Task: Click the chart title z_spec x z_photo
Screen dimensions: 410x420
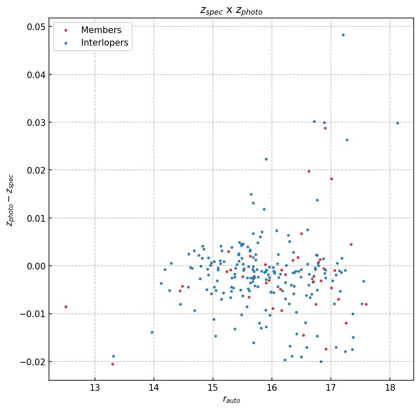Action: (x=231, y=11)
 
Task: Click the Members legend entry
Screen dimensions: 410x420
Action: (x=101, y=30)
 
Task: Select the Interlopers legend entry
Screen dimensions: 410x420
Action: (x=104, y=43)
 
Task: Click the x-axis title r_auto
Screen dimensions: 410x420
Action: (x=231, y=400)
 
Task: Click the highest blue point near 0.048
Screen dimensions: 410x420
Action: (x=343, y=35)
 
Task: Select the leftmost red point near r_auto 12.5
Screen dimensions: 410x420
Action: (x=66, y=307)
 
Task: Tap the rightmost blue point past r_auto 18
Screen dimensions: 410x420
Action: (x=397, y=123)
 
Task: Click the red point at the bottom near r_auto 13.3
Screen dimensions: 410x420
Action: (x=113, y=364)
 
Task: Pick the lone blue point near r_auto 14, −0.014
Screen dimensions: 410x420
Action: (x=152, y=332)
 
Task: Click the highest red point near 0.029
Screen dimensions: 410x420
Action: (x=325, y=128)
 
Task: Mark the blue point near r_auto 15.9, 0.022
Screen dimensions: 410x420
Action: (x=266, y=159)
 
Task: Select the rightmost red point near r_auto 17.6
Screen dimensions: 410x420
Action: (x=366, y=304)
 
